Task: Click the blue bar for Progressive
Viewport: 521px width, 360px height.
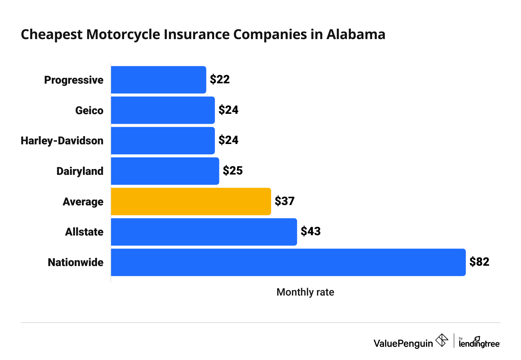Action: point(158,80)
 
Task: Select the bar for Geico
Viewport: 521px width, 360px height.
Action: point(163,110)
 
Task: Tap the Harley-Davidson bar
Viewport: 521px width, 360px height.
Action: point(163,141)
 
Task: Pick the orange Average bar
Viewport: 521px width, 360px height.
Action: point(191,202)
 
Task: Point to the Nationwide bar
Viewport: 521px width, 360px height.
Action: point(288,262)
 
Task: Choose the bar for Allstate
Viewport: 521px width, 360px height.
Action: point(204,232)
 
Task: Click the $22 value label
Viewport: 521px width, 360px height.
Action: point(220,80)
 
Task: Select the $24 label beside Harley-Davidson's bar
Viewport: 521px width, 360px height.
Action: point(228,140)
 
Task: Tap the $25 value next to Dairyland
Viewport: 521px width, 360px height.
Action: point(233,171)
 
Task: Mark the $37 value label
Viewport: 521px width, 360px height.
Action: point(284,201)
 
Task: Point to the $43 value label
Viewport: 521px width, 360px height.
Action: point(311,231)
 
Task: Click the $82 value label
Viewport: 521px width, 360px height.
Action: point(479,262)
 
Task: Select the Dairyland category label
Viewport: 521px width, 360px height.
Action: point(80,171)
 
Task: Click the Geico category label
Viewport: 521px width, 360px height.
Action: point(89,110)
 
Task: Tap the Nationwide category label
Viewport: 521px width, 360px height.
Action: point(75,262)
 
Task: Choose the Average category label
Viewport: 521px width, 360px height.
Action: point(83,202)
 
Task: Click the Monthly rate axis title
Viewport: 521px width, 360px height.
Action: point(305,292)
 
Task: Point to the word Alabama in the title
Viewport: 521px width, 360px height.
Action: point(356,35)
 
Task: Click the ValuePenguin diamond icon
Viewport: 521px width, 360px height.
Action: point(441,340)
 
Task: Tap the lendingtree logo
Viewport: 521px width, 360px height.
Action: point(479,342)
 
